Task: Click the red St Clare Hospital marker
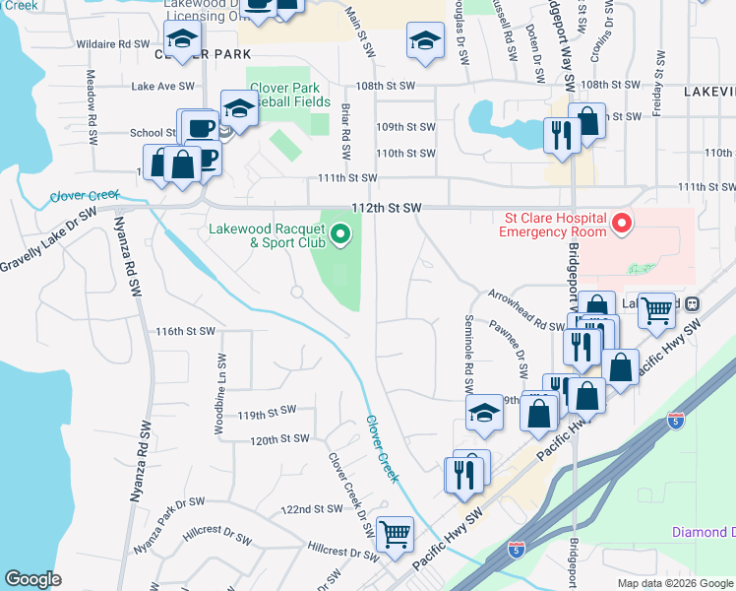[621, 224]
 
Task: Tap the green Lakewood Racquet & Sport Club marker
[340, 234]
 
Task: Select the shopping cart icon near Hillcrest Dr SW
[395, 535]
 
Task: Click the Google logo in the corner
[33, 579]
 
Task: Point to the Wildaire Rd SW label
[106, 44]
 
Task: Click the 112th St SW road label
[387, 208]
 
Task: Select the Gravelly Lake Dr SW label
[49, 238]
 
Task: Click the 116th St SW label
[184, 332]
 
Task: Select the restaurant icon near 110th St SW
[561, 135]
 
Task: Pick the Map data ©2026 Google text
[674, 583]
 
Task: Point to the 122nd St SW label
[310, 509]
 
